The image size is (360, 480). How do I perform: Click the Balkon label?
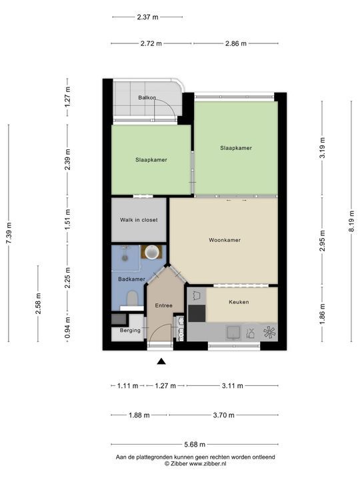(147, 98)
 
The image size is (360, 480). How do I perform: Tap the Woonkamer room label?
(224, 240)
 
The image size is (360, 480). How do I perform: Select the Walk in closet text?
(139, 220)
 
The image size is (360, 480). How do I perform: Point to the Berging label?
(130, 331)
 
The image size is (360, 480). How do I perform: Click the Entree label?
(163, 305)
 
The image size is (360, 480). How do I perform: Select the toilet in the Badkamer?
(133, 298)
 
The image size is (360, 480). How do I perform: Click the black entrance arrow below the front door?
(161, 362)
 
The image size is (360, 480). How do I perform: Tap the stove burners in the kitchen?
(269, 332)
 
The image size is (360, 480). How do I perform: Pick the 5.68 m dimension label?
(194, 445)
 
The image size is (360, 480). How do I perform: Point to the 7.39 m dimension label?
(8, 233)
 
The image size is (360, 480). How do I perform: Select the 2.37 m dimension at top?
(147, 17)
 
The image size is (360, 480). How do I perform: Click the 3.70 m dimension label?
(223, 415)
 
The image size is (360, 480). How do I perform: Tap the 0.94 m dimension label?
(67, 327)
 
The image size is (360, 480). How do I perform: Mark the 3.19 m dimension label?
(323, 148)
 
